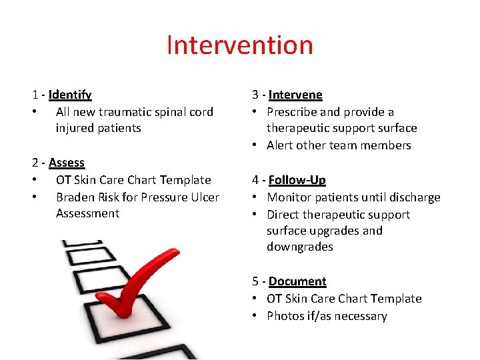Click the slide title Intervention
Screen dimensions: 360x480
click(x=239, y=45)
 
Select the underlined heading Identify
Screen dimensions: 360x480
click(x=70, y=95)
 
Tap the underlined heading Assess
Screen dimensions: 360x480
click(x=67, y=163)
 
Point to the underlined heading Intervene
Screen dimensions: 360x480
click(x=295, y=95)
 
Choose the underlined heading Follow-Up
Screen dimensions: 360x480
click(x=297, y=180)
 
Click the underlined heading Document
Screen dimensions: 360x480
click(x=297, y=281)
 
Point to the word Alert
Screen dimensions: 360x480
click(x=280, y=145)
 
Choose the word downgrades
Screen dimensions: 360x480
click(x=300, y=247)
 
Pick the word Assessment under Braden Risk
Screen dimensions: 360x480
click(x=87, y=213)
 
